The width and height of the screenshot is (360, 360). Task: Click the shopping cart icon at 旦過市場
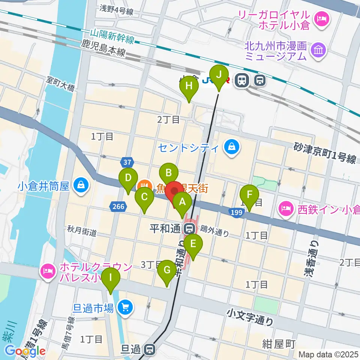coord(125,308)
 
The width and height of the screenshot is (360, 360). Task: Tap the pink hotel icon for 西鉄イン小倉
coord(287,208)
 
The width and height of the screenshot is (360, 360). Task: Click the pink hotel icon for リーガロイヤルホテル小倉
coord(321,17)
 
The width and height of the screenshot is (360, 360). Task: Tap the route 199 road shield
coord(235,213)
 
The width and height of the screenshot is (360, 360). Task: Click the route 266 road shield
coord(118,206)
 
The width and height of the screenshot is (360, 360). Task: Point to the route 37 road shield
coord(127,162)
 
